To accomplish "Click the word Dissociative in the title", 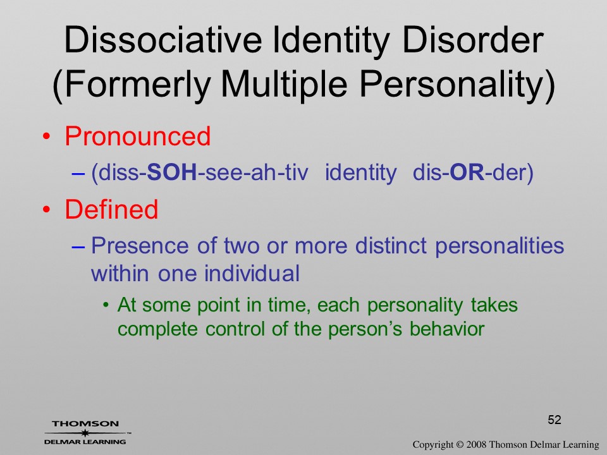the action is (162, 40).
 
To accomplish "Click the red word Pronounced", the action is (137, 136).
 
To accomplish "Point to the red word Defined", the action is (111, 209).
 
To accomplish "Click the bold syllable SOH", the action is (173, 173).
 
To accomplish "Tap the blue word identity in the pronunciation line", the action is (361, 173).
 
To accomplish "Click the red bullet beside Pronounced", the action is (46, 136).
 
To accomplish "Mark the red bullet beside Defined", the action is (46, 210).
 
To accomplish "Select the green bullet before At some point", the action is (106, 305).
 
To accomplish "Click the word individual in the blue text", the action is (252, 274).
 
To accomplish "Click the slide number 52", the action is (555, 420).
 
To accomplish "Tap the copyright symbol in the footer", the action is (460, 445).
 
